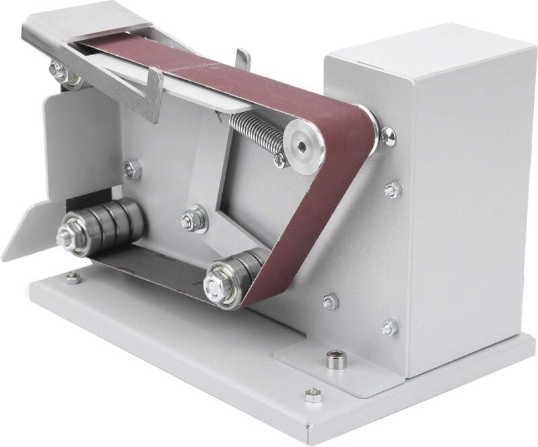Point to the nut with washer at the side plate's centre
193,219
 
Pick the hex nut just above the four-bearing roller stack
131,169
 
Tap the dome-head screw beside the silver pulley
388,136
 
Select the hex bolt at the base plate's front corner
312,395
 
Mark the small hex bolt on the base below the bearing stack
72,277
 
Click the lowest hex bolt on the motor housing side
389,328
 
